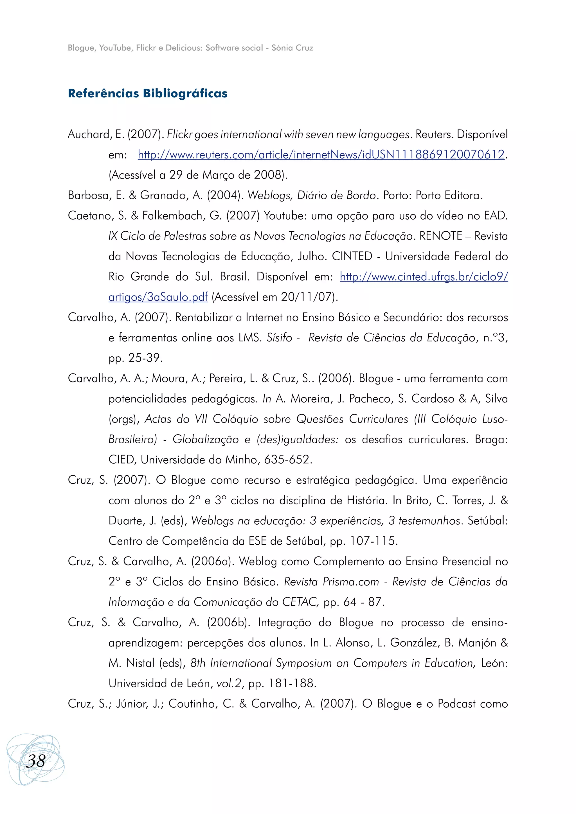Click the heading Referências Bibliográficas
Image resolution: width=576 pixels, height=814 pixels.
pos(148,93)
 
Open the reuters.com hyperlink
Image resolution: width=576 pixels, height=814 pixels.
pos(321,155)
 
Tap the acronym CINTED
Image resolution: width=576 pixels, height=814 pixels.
pos(352,256)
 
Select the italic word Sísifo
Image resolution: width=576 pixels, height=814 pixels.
pos(279,337)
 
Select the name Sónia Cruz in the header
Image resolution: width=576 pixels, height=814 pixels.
pos(292,48)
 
